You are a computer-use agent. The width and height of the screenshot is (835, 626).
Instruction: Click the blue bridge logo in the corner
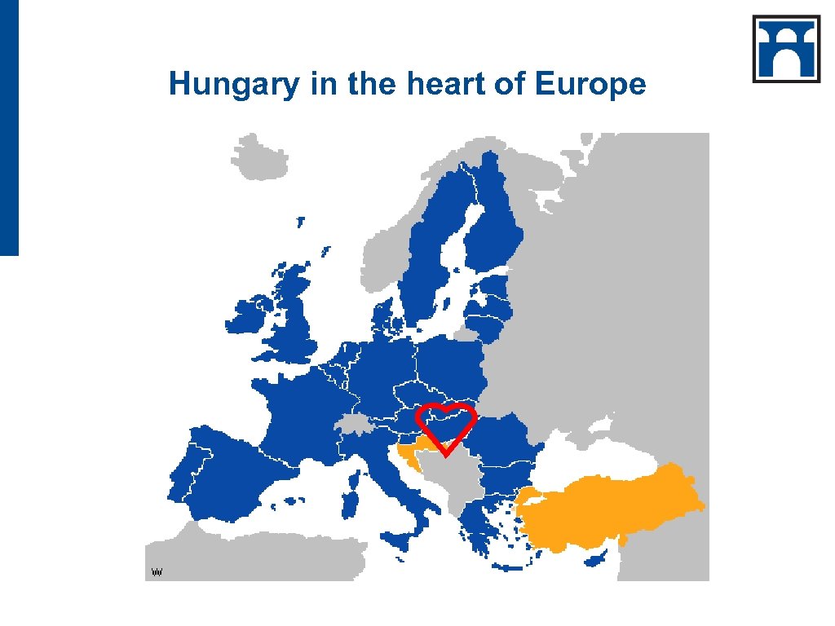pyautogui.click(x=785, y=48)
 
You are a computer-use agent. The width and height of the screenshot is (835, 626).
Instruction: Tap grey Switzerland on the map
pyautogui.click(x=354, y=425)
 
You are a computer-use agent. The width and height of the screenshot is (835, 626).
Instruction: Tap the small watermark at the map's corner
pyautogui.click(x=158, y=572)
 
